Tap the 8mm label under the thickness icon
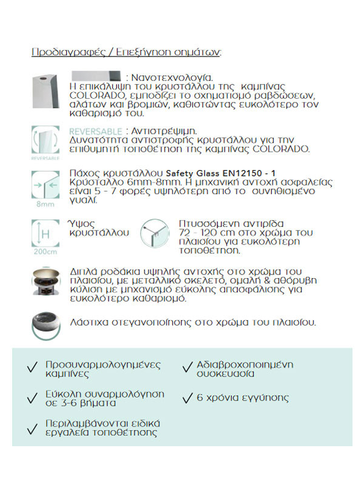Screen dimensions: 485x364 pos(44,204)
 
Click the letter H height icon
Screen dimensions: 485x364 pos(44,232)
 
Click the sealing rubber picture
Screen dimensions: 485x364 pos(45,323)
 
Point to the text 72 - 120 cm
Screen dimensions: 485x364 pos(206,232)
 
